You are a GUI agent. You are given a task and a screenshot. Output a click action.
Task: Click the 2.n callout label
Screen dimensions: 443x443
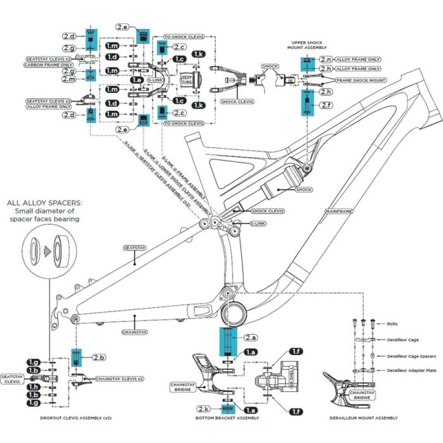[x=327, y=59]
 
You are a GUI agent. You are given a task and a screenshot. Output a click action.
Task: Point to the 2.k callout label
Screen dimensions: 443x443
[x=203, y=409]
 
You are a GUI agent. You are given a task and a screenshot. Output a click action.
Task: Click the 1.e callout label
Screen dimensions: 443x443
[x=137, y=80]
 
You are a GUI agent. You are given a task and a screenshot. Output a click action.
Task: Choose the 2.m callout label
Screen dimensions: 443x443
[x=69, y=79]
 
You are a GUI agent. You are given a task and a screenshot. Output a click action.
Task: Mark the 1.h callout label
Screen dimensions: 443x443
[x=33, y=387]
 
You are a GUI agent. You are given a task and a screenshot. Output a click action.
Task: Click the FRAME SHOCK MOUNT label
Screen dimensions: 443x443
[x=361, y=81]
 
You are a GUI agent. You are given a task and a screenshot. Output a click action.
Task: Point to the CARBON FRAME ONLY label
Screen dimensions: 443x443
[x=48, y=65]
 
